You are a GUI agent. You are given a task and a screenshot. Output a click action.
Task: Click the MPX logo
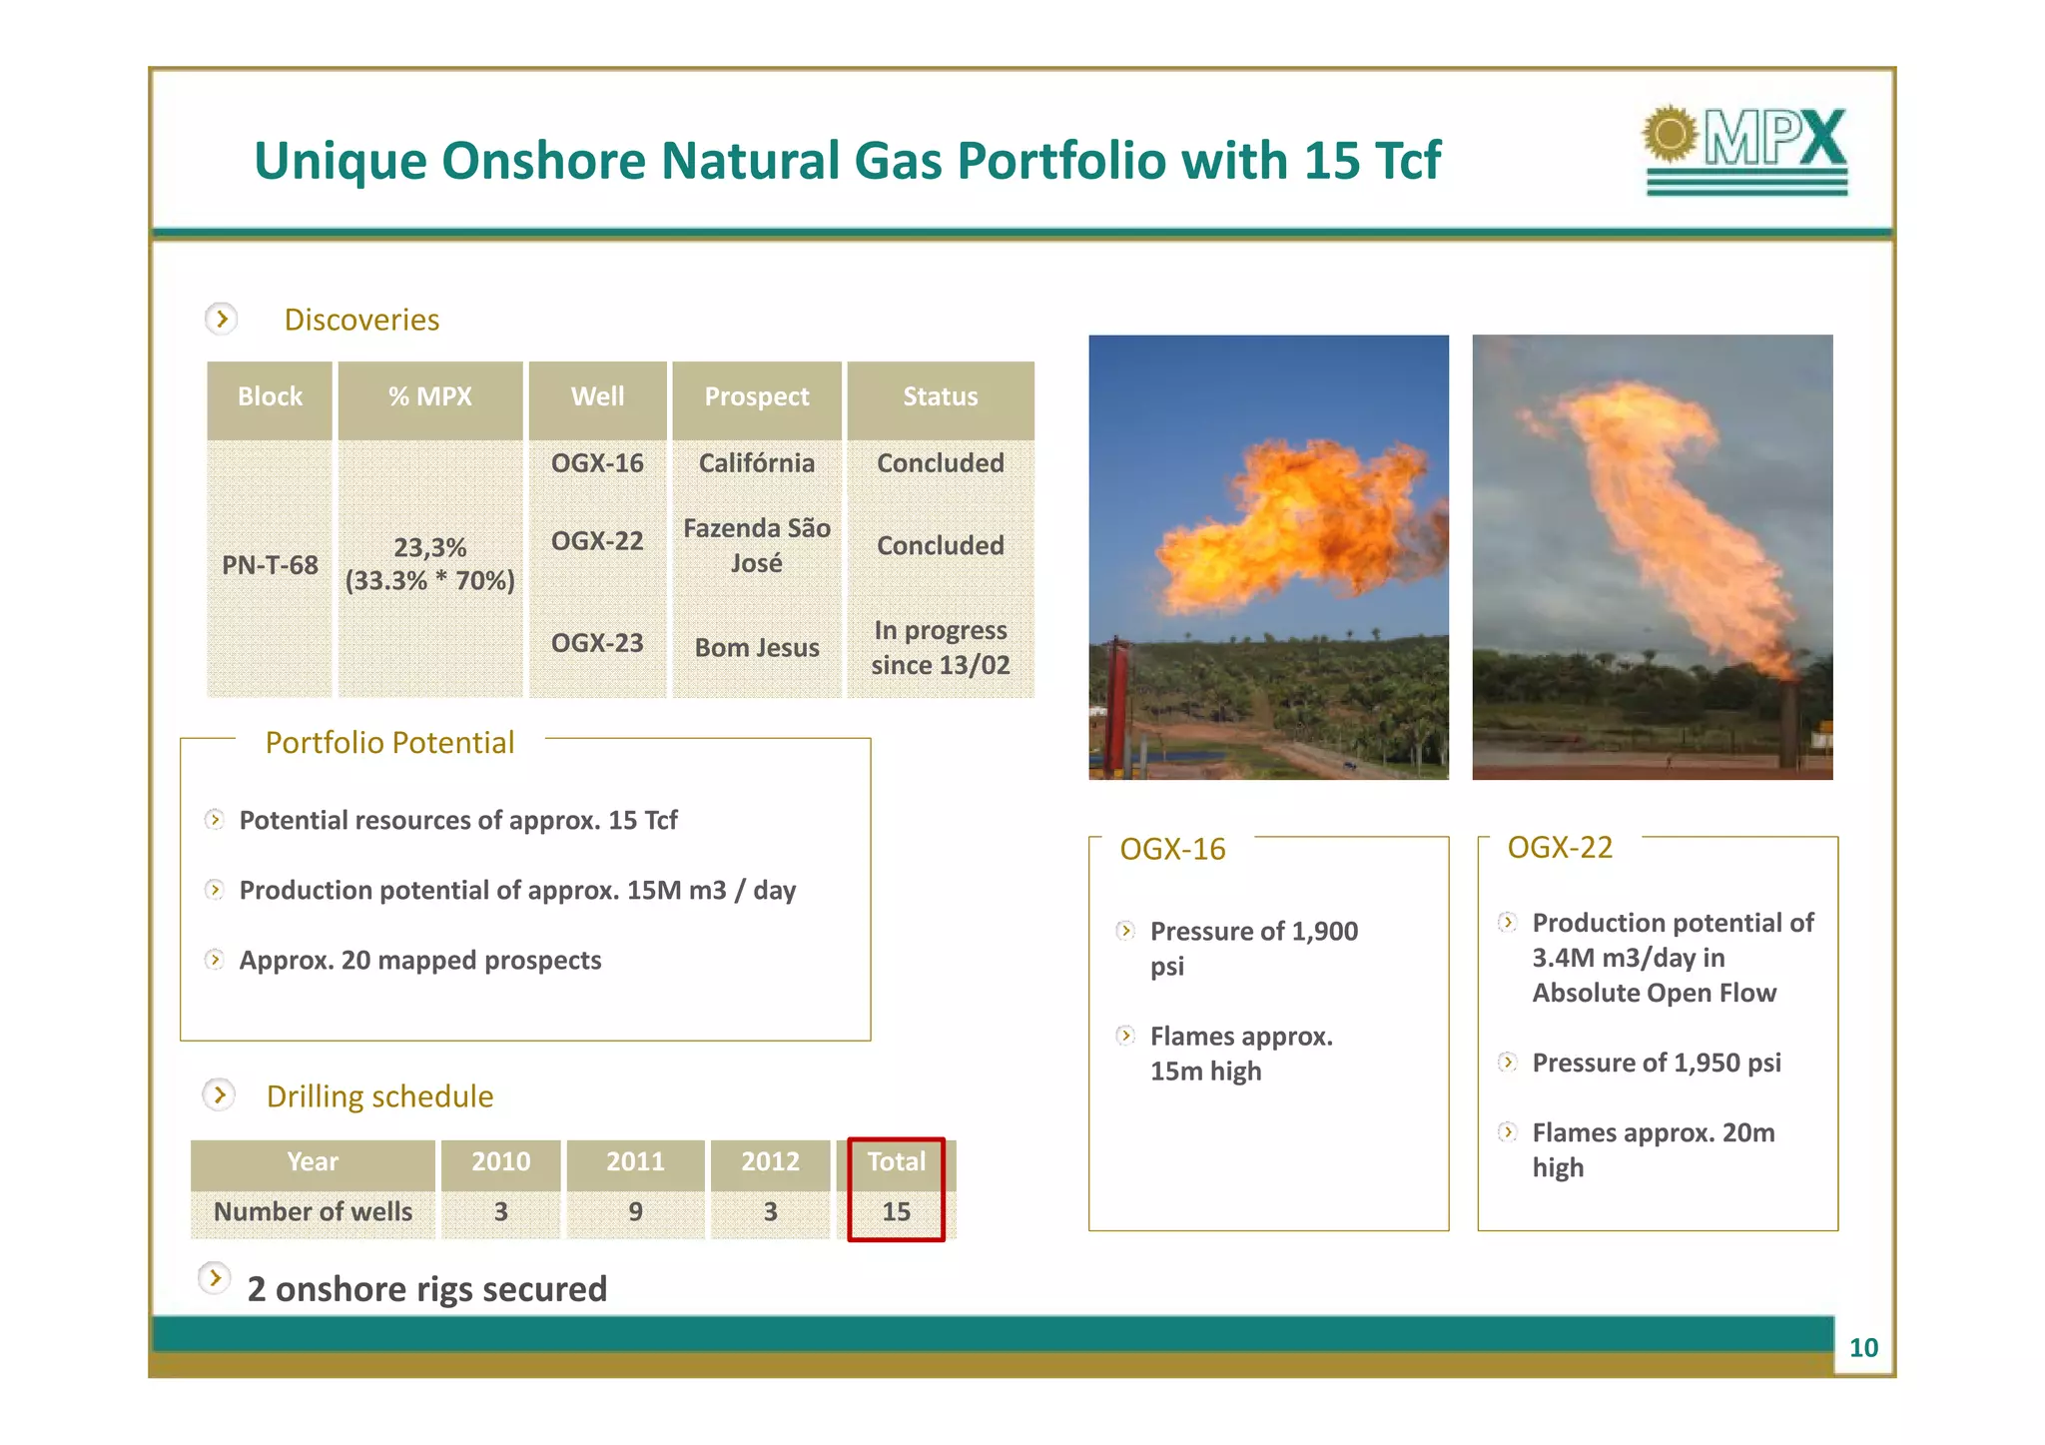(1745, 150)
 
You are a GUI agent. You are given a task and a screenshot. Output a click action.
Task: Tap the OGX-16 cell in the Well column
(597, 463)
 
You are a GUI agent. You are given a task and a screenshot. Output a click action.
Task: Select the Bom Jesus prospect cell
(757, 648)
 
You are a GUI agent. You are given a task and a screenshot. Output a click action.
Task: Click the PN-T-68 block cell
(270, 565)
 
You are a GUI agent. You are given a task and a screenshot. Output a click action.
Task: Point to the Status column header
(940, 397)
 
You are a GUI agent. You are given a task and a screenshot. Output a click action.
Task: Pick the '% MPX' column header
(429, 397)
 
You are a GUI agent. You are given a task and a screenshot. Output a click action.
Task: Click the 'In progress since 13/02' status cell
(940, 648)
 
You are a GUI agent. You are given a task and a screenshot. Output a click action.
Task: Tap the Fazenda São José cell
(757, 545)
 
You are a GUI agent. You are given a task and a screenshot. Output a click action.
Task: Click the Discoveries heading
(361, 320)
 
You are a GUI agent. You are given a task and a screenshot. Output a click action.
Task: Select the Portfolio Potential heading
(389, 743)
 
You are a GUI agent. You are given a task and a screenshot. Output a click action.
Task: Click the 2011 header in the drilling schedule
(635, 1162)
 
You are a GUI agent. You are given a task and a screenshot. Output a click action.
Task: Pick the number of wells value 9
(635, 1212)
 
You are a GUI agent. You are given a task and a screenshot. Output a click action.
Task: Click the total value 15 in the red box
(896, 1212)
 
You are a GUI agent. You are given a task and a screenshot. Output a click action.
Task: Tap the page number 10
(1863, 1348)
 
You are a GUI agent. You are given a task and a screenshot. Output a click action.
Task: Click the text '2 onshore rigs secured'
(426, 1289)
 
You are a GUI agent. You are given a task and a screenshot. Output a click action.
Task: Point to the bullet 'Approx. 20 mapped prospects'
(419, 961)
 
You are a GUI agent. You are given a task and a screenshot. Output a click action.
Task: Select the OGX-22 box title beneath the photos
(1560, 848)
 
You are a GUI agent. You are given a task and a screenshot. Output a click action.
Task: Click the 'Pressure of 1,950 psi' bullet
(1656, 1064)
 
